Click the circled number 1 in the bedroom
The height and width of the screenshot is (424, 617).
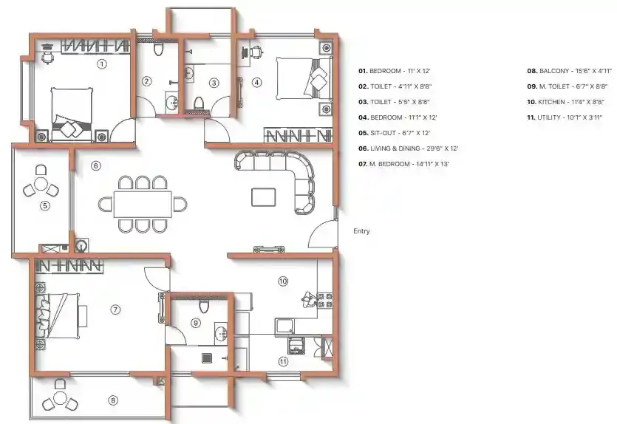(x=102, y=64)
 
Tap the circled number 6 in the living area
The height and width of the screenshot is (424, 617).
(x=95, y=165)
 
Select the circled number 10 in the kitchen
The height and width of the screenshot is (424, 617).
(x=282, y=281)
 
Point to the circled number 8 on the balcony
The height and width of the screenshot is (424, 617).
(x=113, y=401)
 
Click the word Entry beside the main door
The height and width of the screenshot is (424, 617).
(x=361, y=231)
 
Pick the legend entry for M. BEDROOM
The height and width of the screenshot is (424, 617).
(x=409, y=163)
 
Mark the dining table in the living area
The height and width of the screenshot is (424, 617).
(x=143, y=202)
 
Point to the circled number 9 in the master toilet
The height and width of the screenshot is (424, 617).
(x=196, y=322)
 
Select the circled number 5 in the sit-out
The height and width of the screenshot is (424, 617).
(x=44, y=206)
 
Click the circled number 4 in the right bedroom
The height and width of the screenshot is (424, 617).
(x=256, y=83)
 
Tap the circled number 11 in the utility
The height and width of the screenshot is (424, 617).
(x=282, y=361)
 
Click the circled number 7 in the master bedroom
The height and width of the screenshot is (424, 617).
(x=115, y=310)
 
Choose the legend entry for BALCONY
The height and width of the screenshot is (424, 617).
(x=569, y=71)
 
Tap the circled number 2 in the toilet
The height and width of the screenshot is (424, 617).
(x=147, y=81)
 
